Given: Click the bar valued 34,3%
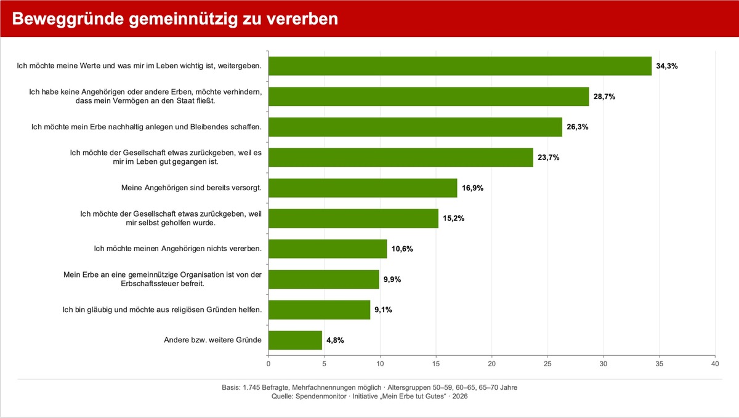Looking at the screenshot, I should [459, 66].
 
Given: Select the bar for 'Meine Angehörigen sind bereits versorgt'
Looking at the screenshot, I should [363, 188].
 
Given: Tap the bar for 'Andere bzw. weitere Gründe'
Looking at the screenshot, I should [295, 340].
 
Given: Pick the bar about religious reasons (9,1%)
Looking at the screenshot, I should [319, 310].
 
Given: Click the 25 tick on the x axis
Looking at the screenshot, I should [547, 364].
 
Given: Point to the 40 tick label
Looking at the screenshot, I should [715, 364].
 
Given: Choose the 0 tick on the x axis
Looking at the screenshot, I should [268, 364].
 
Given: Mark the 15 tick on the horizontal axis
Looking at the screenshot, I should [436, 364].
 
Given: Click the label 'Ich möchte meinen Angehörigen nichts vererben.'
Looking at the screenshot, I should [177, 249].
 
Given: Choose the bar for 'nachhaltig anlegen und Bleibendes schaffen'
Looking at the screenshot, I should [415, 127].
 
